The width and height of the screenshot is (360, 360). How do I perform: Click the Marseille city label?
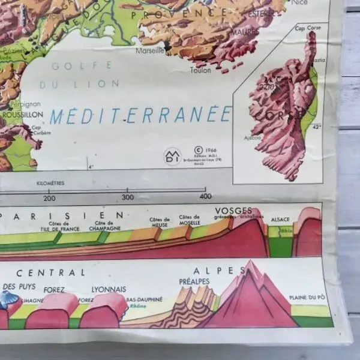tap(150, 51)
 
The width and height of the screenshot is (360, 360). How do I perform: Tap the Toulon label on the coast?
tap(200, 70)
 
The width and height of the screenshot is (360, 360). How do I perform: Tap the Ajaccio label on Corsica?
tap(253, 137)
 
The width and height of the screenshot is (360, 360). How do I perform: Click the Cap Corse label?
tap(304, 28)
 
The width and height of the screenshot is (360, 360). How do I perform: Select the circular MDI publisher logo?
tap(172, 157)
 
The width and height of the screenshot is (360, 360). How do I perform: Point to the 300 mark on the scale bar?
tap(127, 197)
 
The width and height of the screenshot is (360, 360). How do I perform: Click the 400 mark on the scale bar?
tap(205, 196)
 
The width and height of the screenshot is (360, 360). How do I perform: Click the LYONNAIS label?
tap(110, 289)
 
